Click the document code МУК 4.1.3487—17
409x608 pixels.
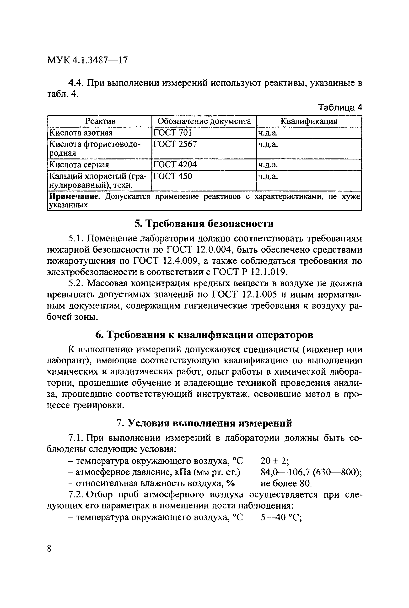coord(87,60)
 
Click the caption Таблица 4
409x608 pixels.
coord(340,108)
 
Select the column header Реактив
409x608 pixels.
coord(100,121)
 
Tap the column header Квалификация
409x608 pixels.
coord(309,121)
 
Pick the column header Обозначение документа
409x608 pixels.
coord(204,121)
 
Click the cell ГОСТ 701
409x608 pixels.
coord(172,133)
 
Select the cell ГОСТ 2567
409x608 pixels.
coord(175,144)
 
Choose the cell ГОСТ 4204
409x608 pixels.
coord(175,164)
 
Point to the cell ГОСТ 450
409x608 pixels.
coord(173,176)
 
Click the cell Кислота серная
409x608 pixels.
coord(79,165)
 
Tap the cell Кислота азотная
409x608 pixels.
coord(81,133)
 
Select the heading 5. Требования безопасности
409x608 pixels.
coord(204,224)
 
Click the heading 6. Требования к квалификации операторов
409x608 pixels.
coord(204,335)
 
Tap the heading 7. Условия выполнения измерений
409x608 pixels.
coord(204,423)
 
